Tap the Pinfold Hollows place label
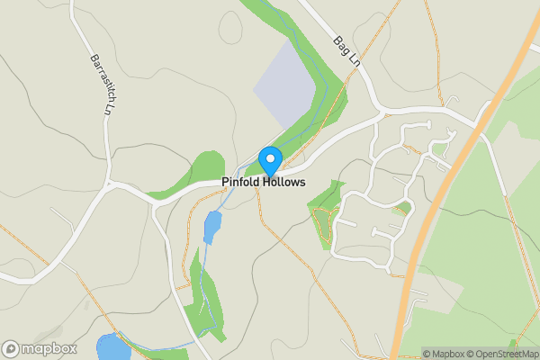pos(264,182)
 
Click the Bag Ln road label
pos(346,53)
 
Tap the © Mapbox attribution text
pos(447,354)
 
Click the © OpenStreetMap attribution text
pos(506,354)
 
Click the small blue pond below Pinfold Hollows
pos(211,228)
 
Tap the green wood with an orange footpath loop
pos(326,214)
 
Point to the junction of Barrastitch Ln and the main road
pos(110,184)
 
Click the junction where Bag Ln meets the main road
pos(380,110)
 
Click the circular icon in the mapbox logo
pos(12,348)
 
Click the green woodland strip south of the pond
pos(207,297)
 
